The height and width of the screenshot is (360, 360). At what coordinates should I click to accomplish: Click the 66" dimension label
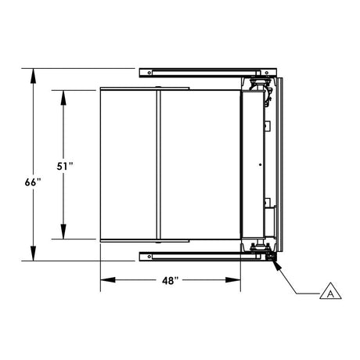[x=32, y=182]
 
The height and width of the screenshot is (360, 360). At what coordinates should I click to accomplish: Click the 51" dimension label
[x=66, y=166]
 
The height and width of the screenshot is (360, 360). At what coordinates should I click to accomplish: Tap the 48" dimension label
[x=171, y=279]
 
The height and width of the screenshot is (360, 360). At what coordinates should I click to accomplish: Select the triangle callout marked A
[x=331, y=291]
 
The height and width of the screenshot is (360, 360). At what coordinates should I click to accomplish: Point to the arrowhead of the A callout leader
[x=275, y=263]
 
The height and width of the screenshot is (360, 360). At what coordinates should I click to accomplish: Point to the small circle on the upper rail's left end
[x=145, y=73]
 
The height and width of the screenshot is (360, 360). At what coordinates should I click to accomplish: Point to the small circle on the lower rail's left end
[x=145, y=254]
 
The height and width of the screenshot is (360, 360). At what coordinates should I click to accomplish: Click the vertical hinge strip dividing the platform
[x=159, y=165]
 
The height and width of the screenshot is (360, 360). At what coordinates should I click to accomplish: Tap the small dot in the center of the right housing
[x=259, y=164]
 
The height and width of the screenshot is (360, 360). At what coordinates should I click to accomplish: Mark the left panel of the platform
[x=128, y=165]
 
